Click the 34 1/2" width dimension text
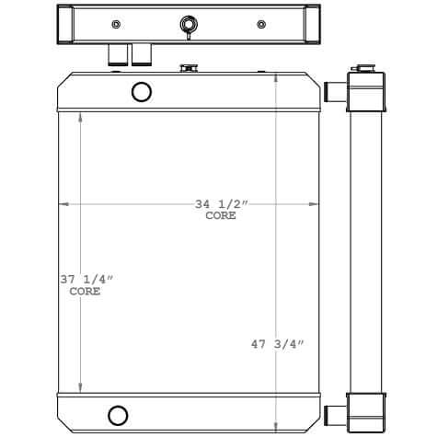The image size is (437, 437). tap(220, 203)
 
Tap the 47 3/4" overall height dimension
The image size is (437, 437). tap(276, 345)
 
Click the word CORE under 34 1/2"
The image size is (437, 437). tap(220, 216)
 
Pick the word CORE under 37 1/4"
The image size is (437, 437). tap(86, 292)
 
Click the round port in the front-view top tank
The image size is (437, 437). tap(142, 91)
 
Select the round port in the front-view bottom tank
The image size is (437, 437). tap(118, 414)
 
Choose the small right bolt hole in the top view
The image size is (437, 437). tap(262, 24)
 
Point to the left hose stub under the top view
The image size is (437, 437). tap(117, 56)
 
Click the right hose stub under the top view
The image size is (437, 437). tap(141, 56)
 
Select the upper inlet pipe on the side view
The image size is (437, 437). tap(335, 91)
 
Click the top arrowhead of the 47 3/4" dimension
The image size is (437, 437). tap(276, 75)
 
